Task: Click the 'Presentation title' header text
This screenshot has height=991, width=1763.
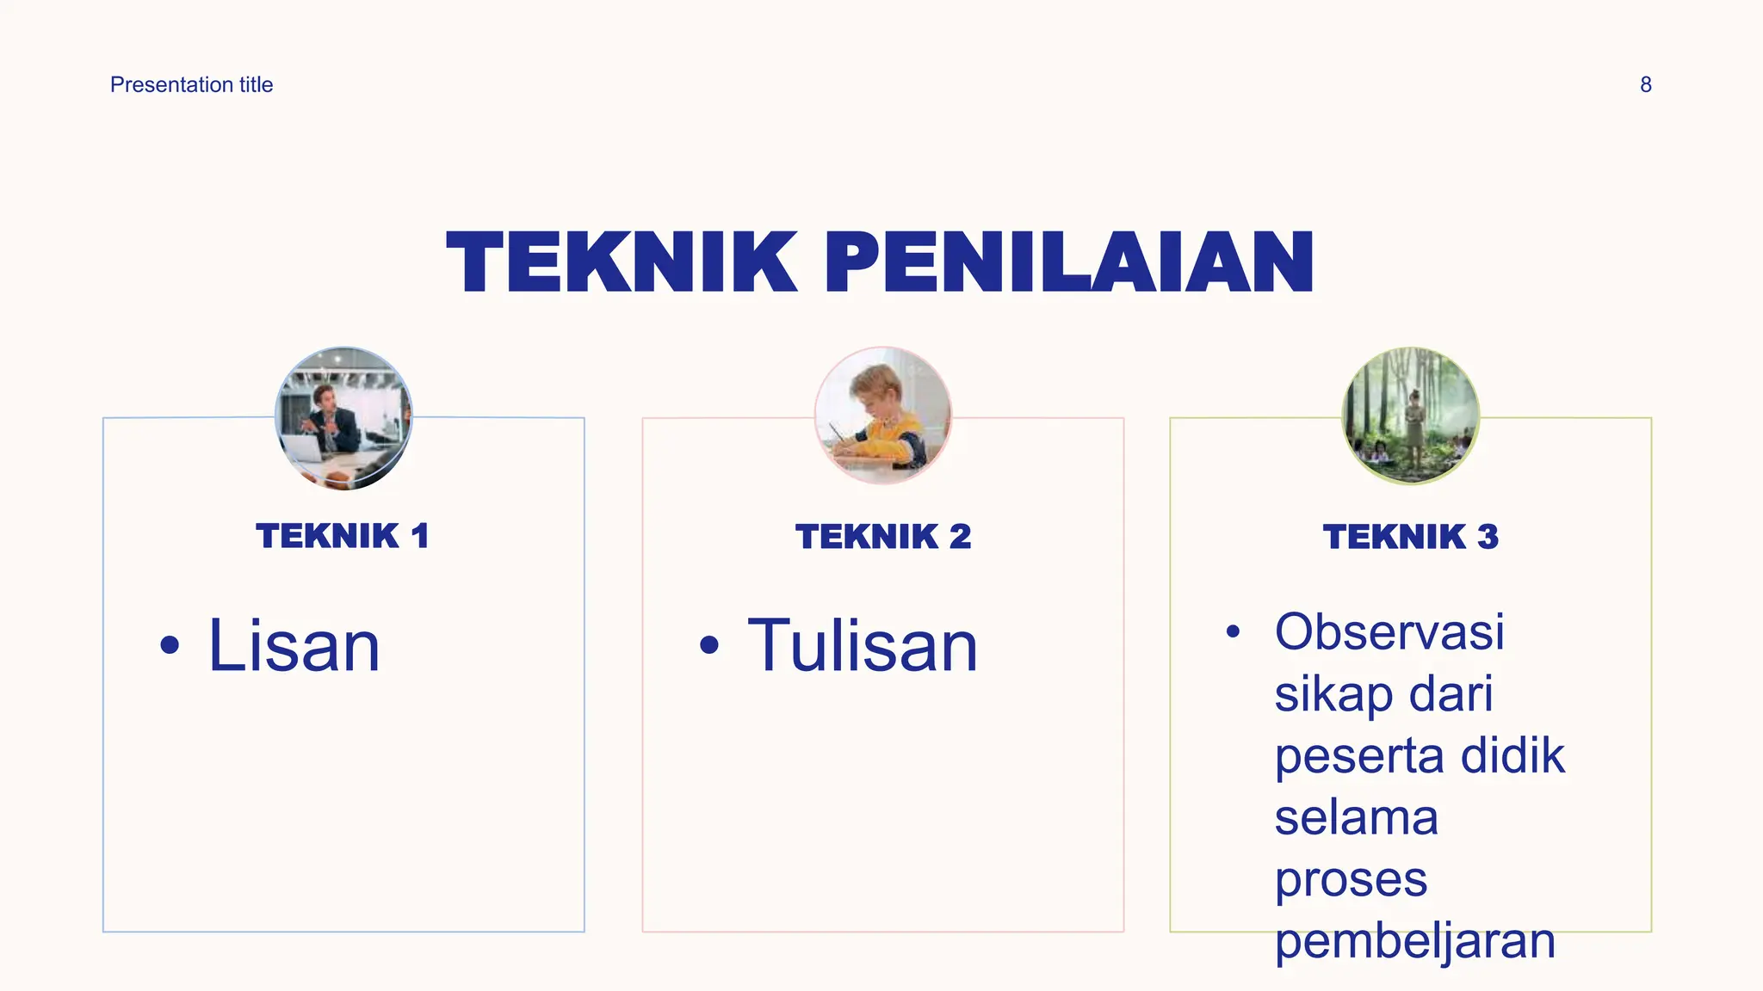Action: pos(191,84)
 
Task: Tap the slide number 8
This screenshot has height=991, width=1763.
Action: pos(1645,84)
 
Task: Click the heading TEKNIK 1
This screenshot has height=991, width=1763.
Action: pos(343,536)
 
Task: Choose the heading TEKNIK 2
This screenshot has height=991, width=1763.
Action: pos(883,537)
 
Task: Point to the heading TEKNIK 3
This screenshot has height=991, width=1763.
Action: pos(1410,537)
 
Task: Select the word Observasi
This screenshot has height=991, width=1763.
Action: pos(1389,631)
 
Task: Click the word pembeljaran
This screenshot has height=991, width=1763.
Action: pos(1415,941)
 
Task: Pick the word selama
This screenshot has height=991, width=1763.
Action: pos(1356,817)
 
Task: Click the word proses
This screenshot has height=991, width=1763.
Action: pos(1351,879)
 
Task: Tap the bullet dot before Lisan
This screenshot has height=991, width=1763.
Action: pos(170,645)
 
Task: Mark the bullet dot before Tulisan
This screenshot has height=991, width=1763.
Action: pos(708,645)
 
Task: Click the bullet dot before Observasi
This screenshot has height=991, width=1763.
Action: pos(1233,632)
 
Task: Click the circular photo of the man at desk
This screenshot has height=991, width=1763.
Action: pos(343,418)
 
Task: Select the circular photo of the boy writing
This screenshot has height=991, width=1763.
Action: pos(883,416)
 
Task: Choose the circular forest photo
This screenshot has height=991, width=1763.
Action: pos(1410,416)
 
